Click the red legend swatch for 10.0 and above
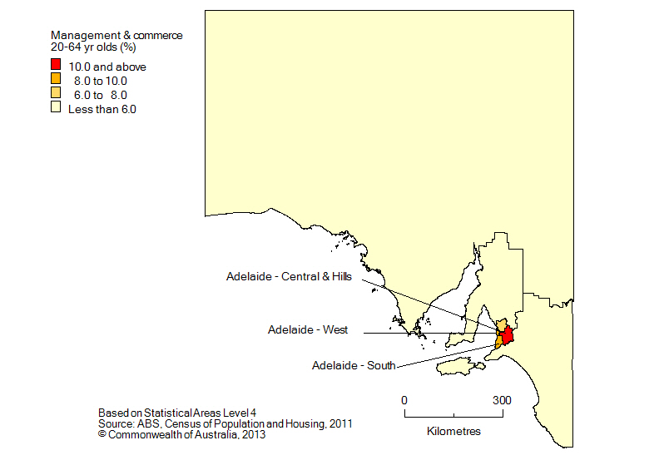click(x=56, y=65)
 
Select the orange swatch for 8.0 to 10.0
click(x=56, y=79)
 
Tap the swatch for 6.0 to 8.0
click(x=56, y=93)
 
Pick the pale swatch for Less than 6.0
click(x=56, y=107)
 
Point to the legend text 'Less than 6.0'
click(x=102, y=108)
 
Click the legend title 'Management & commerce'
click(x=116, y=36)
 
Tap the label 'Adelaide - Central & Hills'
click(x=294, y=277)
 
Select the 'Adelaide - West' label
click(x=308, y=330)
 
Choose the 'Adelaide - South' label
click(x=354, y=365)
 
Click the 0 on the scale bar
click(x=404, y=400)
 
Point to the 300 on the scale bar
click(x=501, y=400)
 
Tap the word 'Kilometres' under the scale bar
click(x=453, y=432)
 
